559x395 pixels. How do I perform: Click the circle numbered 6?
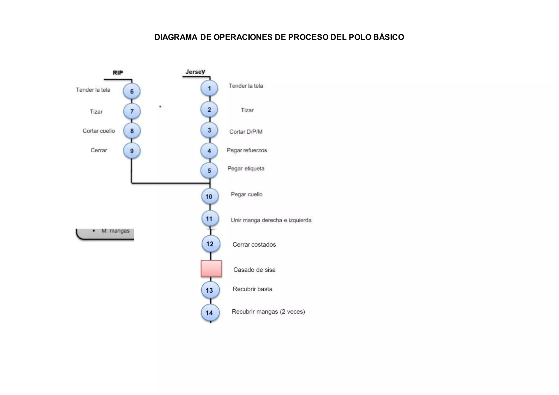click(132, 91)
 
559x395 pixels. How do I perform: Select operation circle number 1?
click(209, 88)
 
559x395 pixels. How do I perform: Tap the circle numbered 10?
click(209, 196)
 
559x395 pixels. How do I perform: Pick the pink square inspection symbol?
click(211, 268)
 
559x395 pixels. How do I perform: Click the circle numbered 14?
click(209, 313)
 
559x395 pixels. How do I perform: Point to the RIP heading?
click(118, 73)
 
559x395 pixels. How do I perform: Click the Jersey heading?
click(195, 72)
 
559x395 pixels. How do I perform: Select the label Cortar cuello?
click(99, 131)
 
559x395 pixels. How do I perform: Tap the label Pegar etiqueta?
click(246, 169)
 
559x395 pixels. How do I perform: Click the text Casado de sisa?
click(254, 270)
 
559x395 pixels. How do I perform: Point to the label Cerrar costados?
click(254, 245)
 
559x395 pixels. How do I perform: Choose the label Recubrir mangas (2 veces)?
click(268, 312)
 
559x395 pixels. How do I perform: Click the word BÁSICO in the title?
click(388, 37)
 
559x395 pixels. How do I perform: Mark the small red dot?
click(160, 106)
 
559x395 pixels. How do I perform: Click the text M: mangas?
click(115, 231)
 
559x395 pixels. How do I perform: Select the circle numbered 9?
click(132, 151)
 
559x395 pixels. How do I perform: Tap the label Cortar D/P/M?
click(246, 132)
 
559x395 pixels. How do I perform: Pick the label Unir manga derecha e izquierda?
click(271, 220)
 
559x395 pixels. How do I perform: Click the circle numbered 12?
click(210, 244)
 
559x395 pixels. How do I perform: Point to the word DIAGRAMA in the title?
click(176, 37)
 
